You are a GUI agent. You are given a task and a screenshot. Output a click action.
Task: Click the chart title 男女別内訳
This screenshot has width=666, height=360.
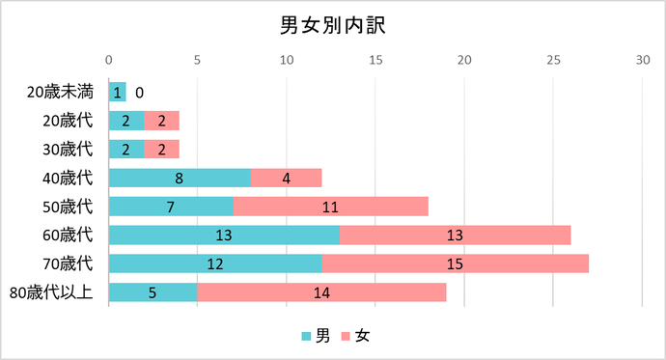point(332,24)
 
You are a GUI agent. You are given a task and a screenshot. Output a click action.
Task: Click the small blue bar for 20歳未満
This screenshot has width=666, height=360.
point(117,93)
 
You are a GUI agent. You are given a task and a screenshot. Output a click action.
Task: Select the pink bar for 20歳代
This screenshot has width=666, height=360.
point(161,121)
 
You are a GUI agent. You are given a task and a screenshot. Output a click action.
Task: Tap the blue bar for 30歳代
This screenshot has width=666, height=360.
point(126,150)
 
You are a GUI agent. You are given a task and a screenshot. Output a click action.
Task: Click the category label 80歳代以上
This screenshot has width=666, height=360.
point(51,292)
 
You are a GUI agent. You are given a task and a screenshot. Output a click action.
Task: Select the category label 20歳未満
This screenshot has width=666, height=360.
point(60,93)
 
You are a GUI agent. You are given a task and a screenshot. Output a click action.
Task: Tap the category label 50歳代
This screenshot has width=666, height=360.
point(68,207)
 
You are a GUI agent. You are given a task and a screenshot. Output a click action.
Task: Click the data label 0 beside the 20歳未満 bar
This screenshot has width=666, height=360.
point(140,93)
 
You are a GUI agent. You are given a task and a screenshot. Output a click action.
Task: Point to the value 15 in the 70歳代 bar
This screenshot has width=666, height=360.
point(455,263)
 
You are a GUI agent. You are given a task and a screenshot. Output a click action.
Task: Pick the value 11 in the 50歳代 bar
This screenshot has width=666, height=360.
point(330,207)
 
